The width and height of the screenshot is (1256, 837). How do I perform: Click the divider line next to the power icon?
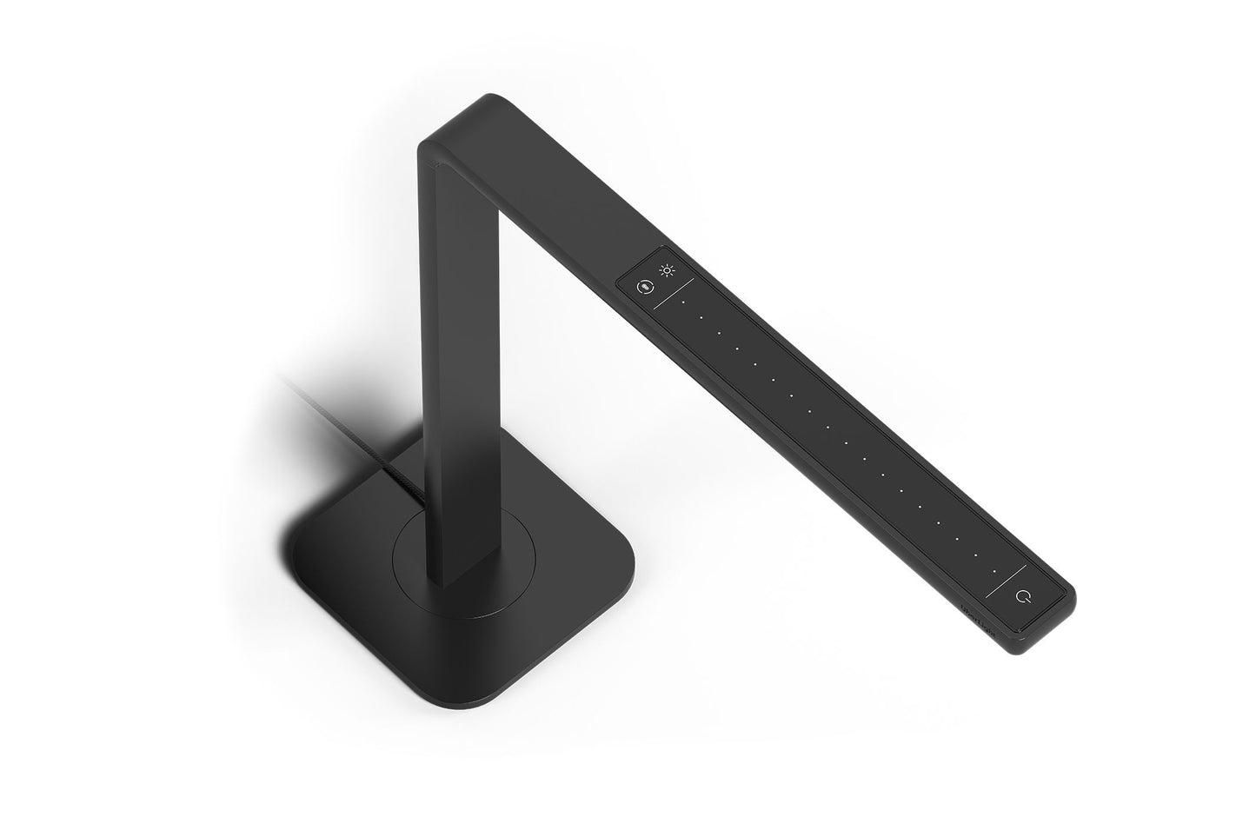click(x=1007, y=580)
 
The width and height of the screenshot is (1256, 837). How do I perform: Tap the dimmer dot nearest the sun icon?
click(x=683, y=302)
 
